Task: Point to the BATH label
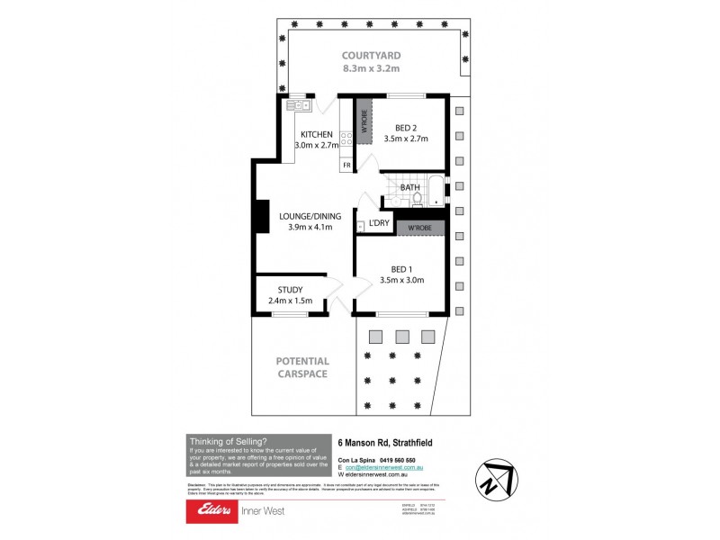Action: [x=410, y=188]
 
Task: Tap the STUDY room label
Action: [x=290, y=290]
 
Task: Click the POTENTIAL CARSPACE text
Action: [x=301, y=367]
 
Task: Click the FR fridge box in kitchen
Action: [x=346, y=166]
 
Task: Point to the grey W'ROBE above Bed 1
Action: [x=419, y=228]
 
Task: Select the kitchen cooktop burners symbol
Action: [x=346, y=140]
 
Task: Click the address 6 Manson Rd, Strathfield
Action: [x=384, y=443]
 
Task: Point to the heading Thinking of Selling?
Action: [x=222, y=441]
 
